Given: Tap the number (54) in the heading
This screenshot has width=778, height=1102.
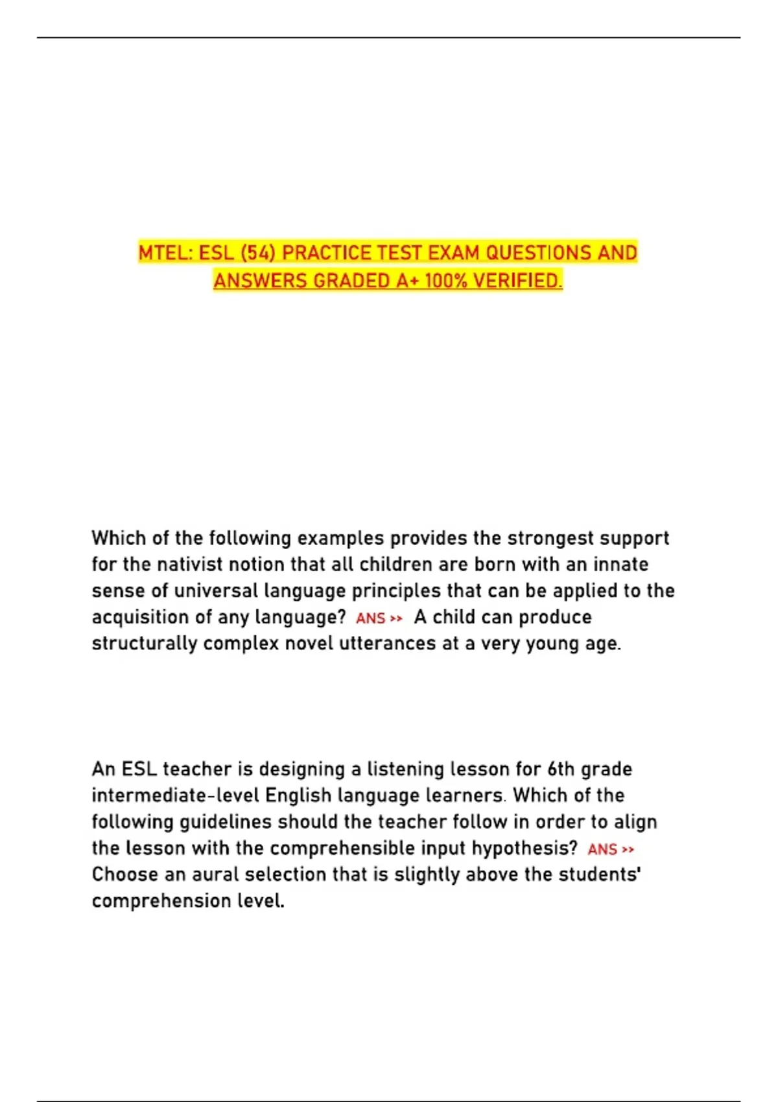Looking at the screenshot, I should (x=257, y=252).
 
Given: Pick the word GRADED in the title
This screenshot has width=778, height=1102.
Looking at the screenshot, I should (x=350, y=281).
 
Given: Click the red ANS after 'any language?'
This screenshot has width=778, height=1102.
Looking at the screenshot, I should (x=371, y=618).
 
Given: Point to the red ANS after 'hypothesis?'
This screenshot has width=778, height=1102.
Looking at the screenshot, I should (x=602, y=849).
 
